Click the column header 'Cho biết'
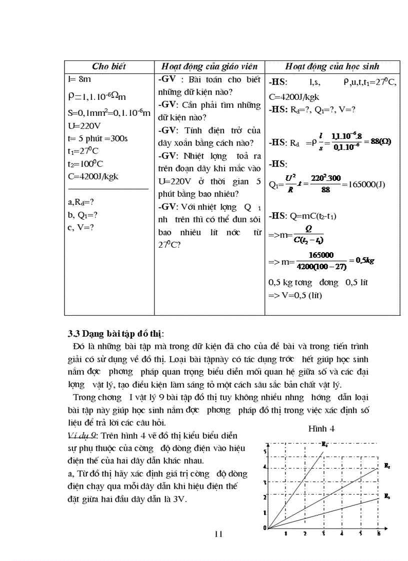(x=109, y=66)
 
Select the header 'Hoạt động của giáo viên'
(x=209, y=66)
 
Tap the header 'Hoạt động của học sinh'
(x=332, y=66)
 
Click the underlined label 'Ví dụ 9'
(x=80, y=436)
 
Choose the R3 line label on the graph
(x=387, y=496)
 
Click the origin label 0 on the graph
(x=264, y=528)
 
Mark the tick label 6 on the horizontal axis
(x=378, y=534)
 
